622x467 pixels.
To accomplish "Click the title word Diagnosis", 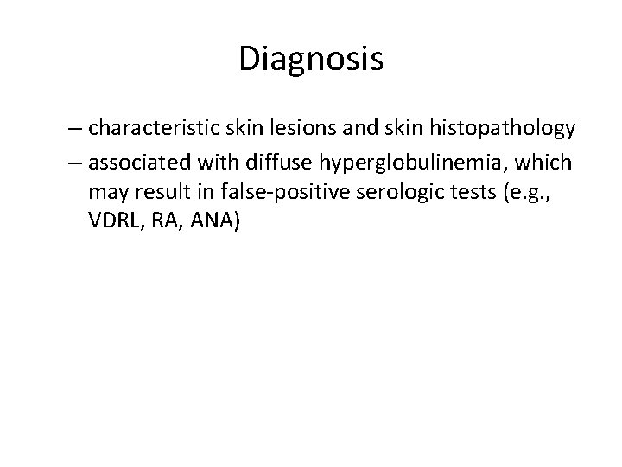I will click(x=311, y=60).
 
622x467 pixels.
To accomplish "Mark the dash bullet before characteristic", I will click(x=76, y=129).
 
